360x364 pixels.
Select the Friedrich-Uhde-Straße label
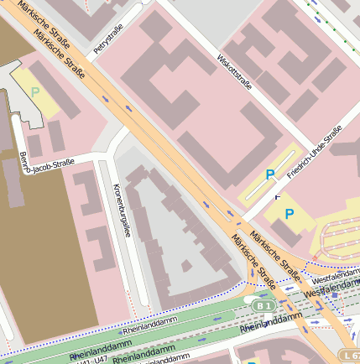[315, 152]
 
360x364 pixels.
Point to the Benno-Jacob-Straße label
[47, 163]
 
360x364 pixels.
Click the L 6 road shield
[352, 356]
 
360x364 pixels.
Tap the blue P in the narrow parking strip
[270, 174]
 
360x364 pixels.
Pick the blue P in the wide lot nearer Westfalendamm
[290, 214]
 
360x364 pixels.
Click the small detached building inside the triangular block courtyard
[185, 267]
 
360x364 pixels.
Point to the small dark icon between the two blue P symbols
[277, 195]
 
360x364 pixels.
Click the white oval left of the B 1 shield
[249, 299]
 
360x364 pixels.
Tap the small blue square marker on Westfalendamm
[334, 295]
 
